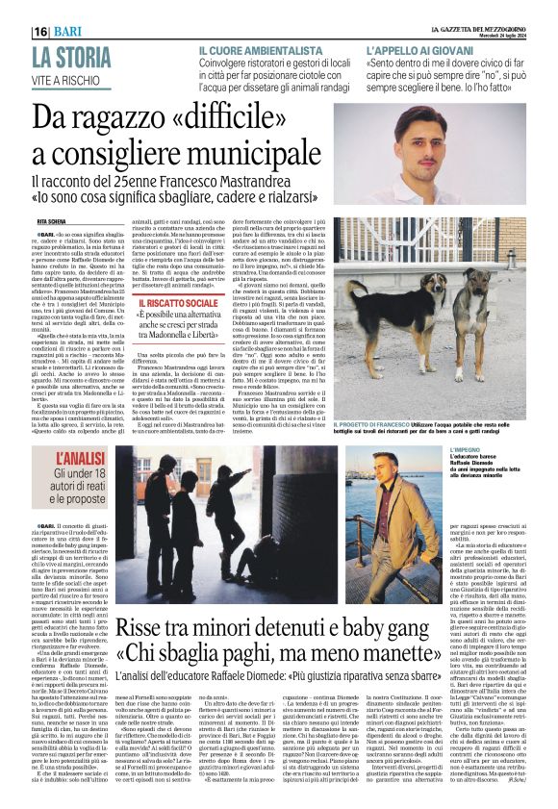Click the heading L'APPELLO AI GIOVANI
pos(419,48)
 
